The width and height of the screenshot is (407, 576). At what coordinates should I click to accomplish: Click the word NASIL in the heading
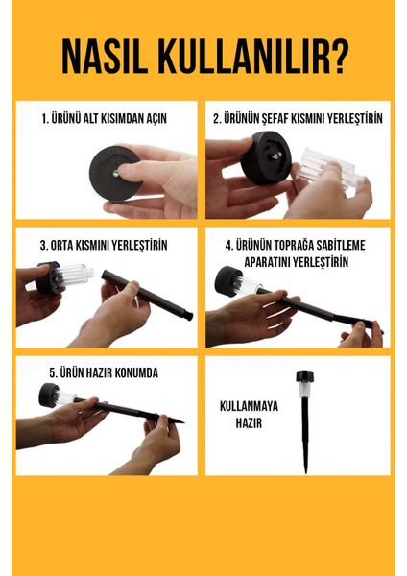tap(105, 58)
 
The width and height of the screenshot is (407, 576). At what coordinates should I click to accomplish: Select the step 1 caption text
tap(105, 119)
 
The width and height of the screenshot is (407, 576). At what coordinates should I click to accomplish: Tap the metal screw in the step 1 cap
tap(116, 173)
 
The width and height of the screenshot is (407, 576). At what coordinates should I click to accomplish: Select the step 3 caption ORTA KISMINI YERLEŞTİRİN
tap(104, 246)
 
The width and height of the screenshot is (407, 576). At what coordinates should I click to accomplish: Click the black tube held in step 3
tap(147, 295)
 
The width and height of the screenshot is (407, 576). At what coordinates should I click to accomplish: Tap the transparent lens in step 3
tap(75, 276)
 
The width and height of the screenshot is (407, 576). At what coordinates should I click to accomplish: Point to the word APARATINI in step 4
tap(267, 262)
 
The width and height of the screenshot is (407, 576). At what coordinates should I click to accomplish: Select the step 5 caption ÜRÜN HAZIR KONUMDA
tap(104, 372)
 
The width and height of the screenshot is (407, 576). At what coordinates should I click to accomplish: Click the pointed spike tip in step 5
tap(182, 422)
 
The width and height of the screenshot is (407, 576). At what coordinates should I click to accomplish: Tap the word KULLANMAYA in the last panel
tap(249, 406)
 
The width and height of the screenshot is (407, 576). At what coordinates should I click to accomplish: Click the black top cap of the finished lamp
tap(305, 377)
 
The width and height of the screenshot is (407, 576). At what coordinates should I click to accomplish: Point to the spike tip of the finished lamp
tap(305, 471)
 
